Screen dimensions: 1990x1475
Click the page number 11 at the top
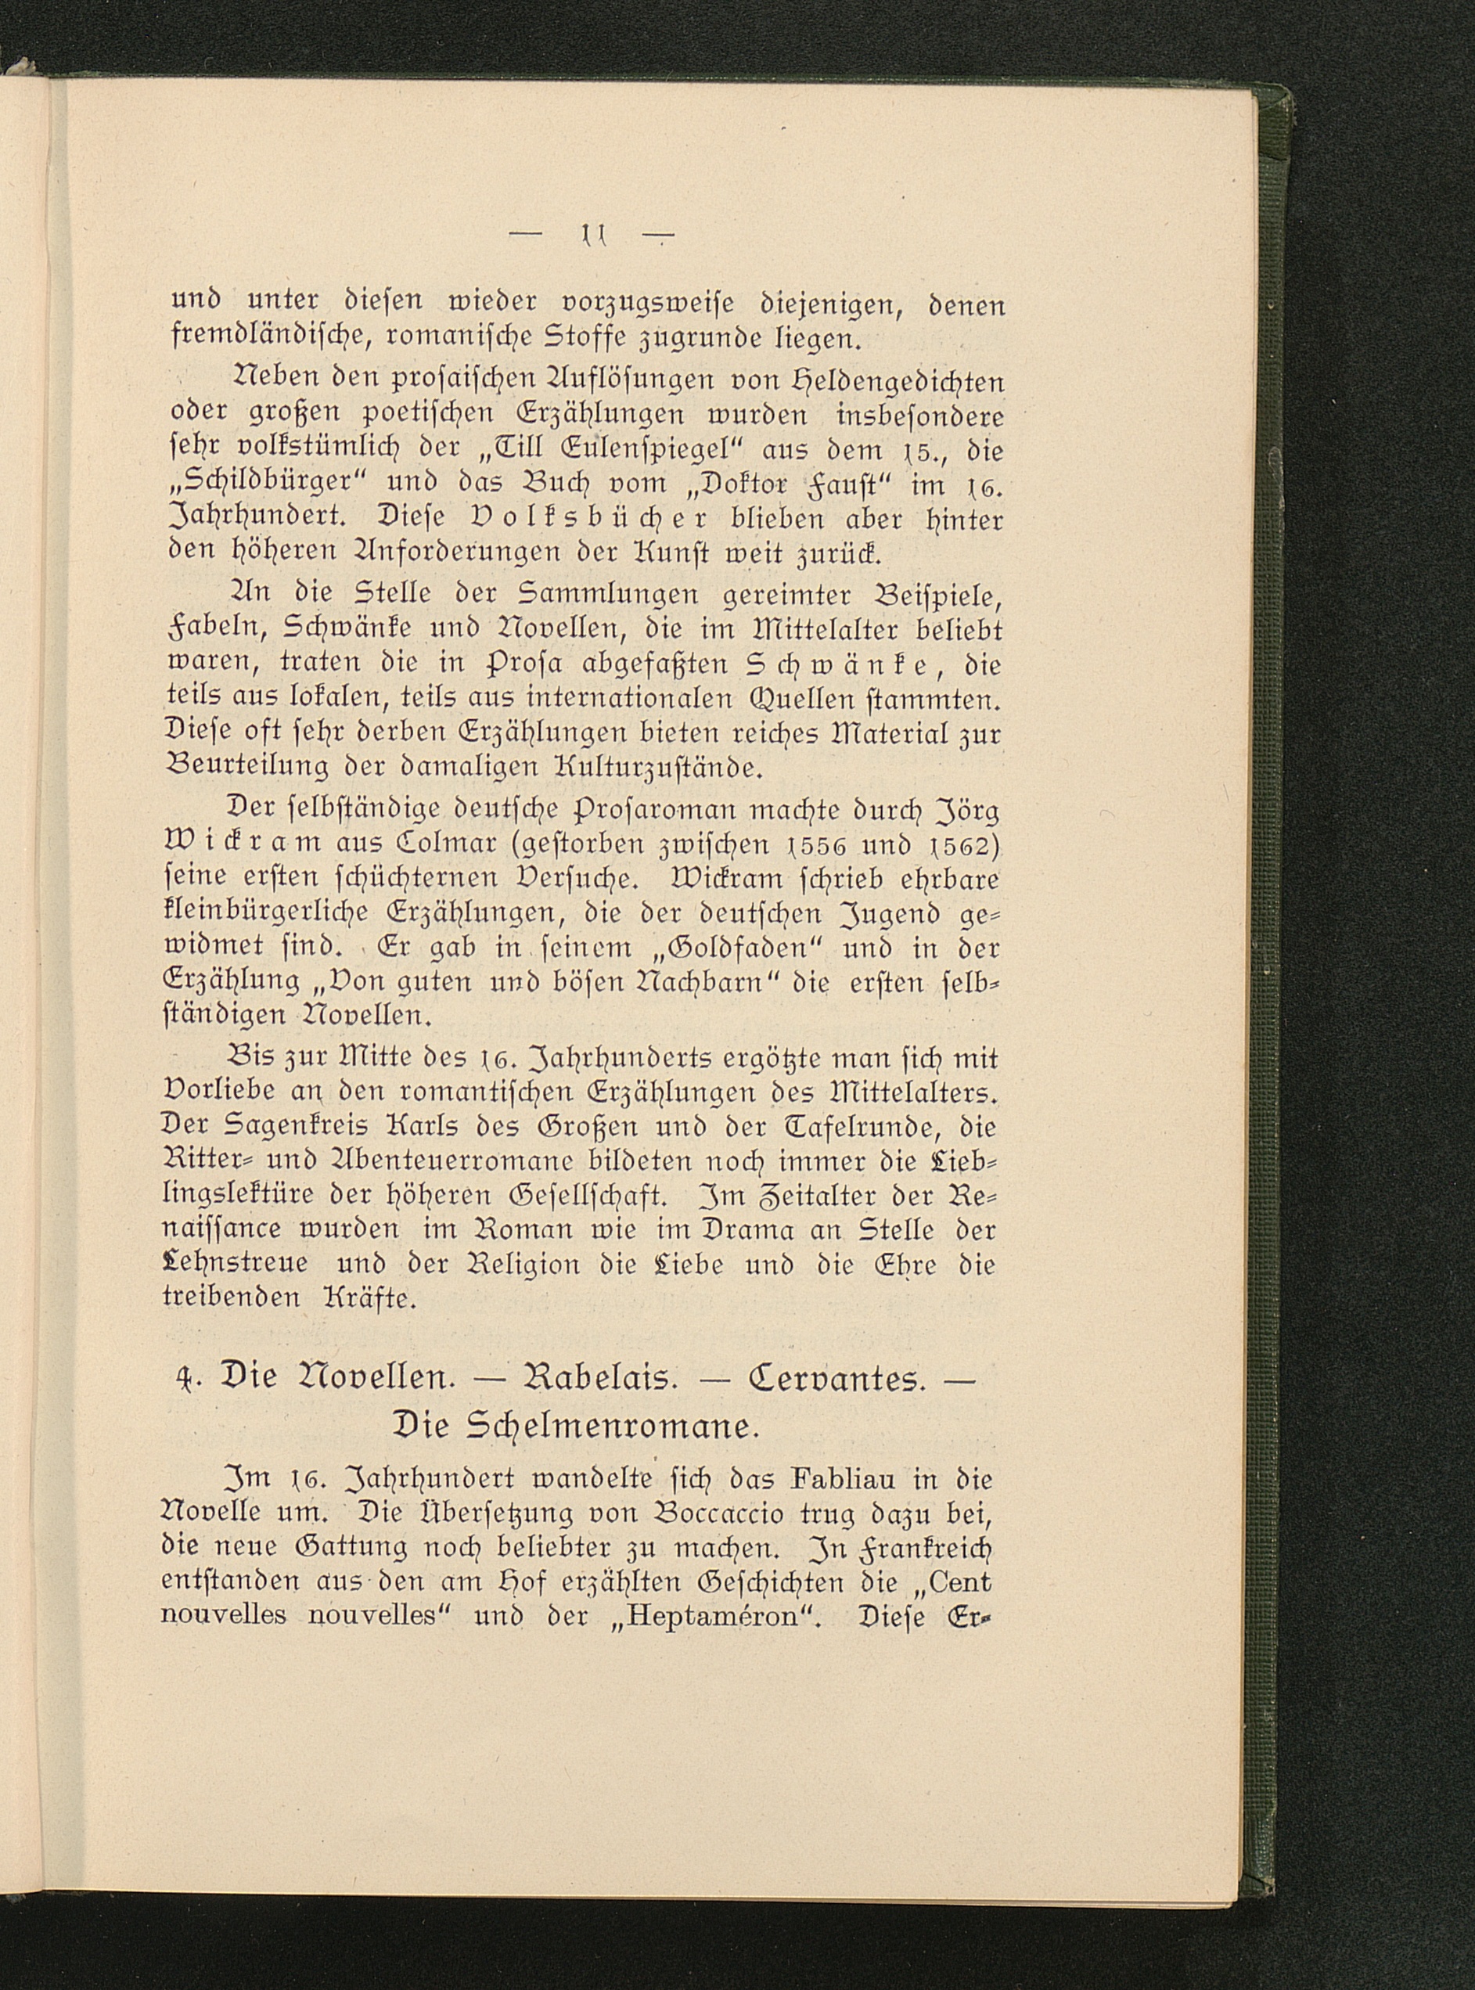(x=592, y=236)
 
